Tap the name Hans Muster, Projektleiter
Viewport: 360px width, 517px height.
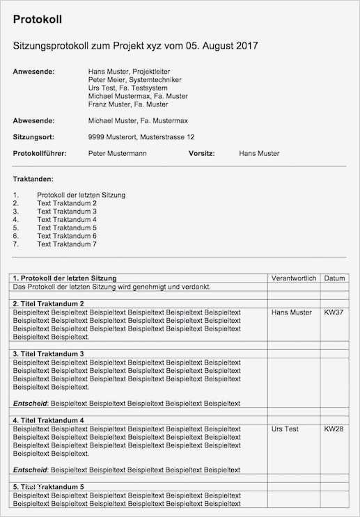pos(129,71)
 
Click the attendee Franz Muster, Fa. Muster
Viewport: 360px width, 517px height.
pos(127,104)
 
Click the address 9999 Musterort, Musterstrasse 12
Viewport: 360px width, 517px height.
pos(141,137)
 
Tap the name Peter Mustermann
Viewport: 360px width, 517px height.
pos(117,153)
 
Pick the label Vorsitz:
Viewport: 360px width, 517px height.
pos(201,153)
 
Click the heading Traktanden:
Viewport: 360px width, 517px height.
pos(33,179)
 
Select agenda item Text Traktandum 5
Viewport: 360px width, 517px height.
pos(67,228)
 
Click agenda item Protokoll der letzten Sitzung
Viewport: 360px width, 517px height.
pos(81,195)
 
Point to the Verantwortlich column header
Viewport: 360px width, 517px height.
pos(294,278)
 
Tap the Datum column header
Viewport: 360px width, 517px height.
pos(334,278)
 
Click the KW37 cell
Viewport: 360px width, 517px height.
pos(334,312)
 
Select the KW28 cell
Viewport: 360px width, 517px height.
pos(334,429)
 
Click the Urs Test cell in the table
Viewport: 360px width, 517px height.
pos(285,429)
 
